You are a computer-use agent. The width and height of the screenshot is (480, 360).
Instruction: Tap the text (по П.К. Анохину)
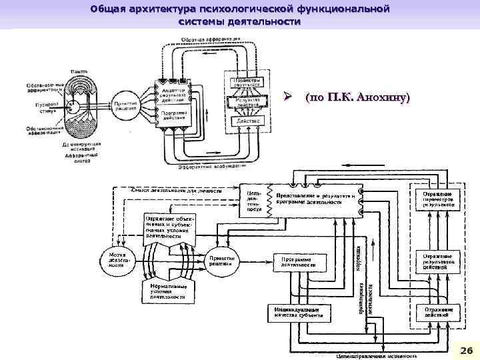point(357,98)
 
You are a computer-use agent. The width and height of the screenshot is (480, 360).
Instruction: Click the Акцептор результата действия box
point(173,93)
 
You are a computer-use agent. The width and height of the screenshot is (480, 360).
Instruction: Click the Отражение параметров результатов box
point(438,199)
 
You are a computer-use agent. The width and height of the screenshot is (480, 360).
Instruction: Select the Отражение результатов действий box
point(438,261)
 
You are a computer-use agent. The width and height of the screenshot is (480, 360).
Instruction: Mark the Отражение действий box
point(438,313)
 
